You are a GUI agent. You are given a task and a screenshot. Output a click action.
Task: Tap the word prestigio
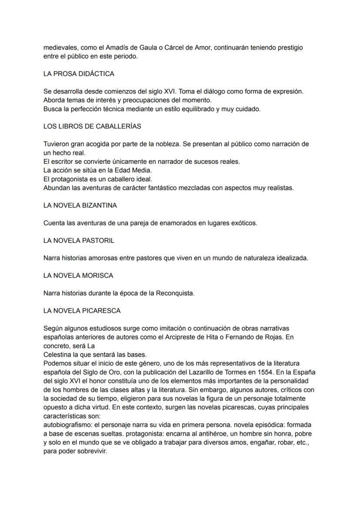coord(288,47)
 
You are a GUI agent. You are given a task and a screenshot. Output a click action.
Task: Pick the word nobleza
coord(176,144)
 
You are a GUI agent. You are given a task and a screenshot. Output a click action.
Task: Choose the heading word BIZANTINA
coord(99,206)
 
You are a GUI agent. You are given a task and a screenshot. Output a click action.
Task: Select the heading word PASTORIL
coord(98,241)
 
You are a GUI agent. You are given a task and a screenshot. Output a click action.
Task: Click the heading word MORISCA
coord(97,276)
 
